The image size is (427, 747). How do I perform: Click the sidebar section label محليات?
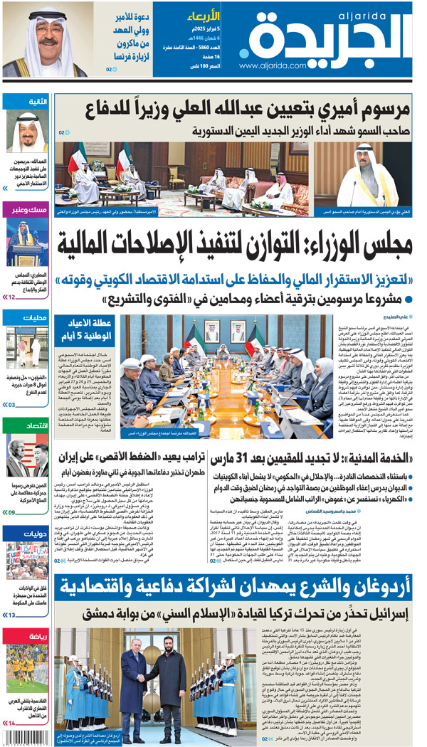click(35, 317)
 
